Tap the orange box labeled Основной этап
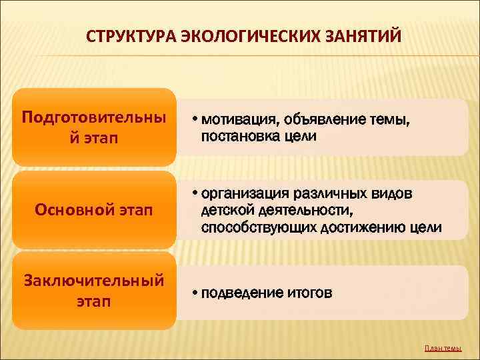[94, 211]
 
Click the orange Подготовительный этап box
[94, 127]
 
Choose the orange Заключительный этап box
[94, 291]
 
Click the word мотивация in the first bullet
[236, 120]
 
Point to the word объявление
[319, 120]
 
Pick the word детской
[224, 211]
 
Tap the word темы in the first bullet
[385, 120]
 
